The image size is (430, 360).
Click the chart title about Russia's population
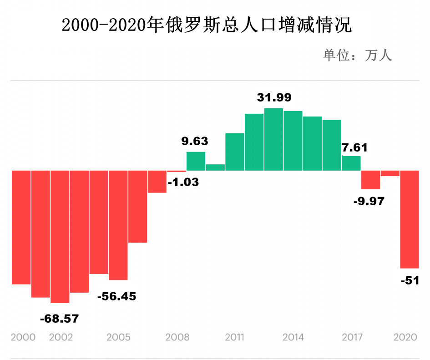pos(207,25)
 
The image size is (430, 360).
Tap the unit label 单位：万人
pos(357,56)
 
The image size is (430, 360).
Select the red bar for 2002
pos(60,237)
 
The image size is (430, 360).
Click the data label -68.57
pos(59,319)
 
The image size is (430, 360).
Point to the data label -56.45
pos(117,296)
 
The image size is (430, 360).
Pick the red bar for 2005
pos(118,225)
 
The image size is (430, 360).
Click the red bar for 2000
pos(21,228)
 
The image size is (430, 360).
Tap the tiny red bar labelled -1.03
pos(177,171)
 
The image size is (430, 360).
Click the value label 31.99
pos(274,97)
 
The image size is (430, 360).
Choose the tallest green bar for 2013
pos(273,139)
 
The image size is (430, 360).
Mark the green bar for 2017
pos(351,163)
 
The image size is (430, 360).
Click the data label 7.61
pos(354,147)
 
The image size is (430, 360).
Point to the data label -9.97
pos(369,201)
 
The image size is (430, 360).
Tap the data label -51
pos(410,280)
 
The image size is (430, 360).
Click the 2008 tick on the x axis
pos(177,337)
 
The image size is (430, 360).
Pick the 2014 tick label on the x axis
pos(293,337)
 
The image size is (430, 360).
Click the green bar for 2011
pos(235,152)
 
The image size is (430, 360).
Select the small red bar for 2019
pos(390,173)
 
